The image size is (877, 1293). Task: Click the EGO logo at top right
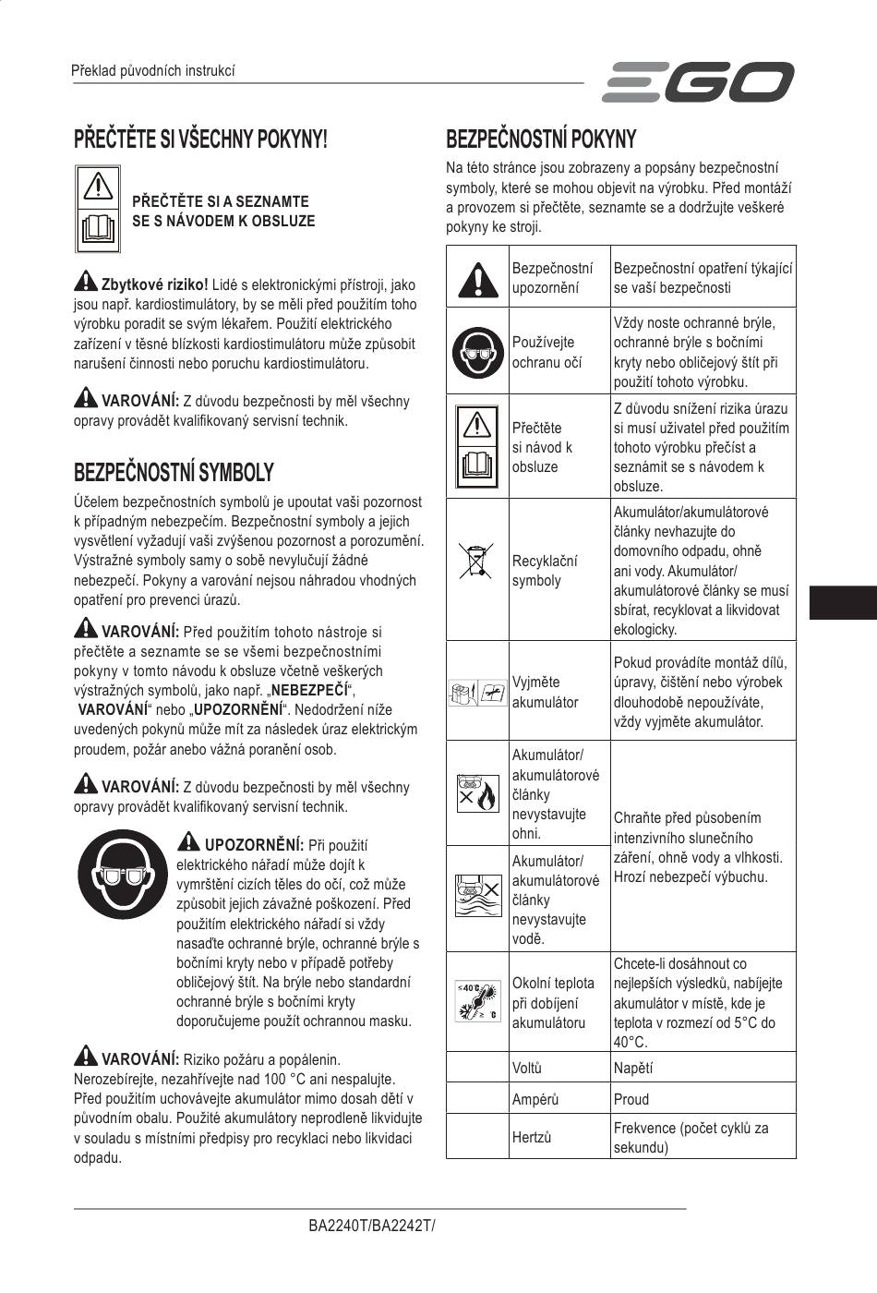pyautogui.click(x=698, y=82)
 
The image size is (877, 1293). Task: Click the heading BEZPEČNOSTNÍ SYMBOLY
pyautogui.click(x=174, y=473)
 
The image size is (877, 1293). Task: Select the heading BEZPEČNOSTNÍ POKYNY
pyautogui.click(x=541, y=139)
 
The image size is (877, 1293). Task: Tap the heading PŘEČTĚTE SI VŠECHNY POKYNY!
pyautogui.click(x=200, y=139)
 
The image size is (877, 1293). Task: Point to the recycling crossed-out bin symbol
pyautogui.click(x=476, y=562)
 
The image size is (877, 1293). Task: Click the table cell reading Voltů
pyautogui.click(x=527, y=1068)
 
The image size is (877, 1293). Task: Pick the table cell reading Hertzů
pyautogui.click(x=532, y=1137)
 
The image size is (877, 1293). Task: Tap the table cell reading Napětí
pyautogui.click(x=633, y=1068)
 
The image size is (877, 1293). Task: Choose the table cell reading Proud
pyautogui.click(x=631, y=1099)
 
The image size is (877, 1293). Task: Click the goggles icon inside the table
pyautogui.click(x=476, y=352)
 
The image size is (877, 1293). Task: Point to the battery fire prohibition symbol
pyautogui.click(x=476, y=793)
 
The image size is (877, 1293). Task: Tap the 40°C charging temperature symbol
pyautogui.click(x=476, y=1001)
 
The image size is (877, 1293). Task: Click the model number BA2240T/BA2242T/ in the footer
pyautogui.click(x=371, y=1227)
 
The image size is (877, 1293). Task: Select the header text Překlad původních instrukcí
pyautogui.click(x=153, y=71)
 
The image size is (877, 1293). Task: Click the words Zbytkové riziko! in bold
pyautogui.click(x=154, y=284)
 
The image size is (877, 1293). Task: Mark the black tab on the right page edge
pyautogui.click(x=843, y=601)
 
